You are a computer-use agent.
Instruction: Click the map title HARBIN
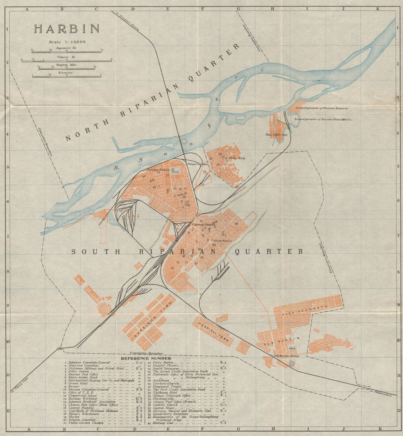[66, 29]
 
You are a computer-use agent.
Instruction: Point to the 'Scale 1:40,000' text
[67, 42]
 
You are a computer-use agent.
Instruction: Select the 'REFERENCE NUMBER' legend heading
[146, 358]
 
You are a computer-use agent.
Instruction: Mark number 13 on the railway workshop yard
[120, 211]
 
